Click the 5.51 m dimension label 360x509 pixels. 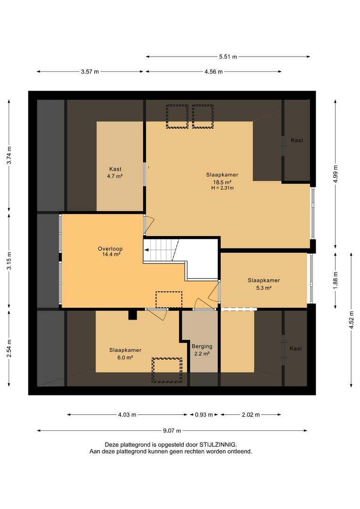coord(228,57)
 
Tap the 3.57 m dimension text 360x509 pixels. coord(90,72)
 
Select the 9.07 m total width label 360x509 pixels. coord(172,431)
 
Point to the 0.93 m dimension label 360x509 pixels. coord(204,415)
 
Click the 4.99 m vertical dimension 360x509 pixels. coord(335,174)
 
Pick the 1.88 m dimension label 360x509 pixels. coord(335,280)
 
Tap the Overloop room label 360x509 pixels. coord(110,249)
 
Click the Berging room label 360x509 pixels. coord(202,346)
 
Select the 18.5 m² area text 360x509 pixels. coord(222,182)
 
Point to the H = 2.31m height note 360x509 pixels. coord(222,188)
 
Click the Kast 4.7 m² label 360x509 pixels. coord(115,172)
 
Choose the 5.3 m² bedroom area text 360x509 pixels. coord(263,287)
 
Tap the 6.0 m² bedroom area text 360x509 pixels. coord(125,357)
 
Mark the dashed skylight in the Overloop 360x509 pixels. coord(169,299)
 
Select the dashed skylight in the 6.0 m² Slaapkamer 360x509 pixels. coord(167,370)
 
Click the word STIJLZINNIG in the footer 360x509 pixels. coord(218,444)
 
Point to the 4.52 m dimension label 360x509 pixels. coord(351,320)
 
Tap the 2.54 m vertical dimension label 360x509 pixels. coord(9,348)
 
